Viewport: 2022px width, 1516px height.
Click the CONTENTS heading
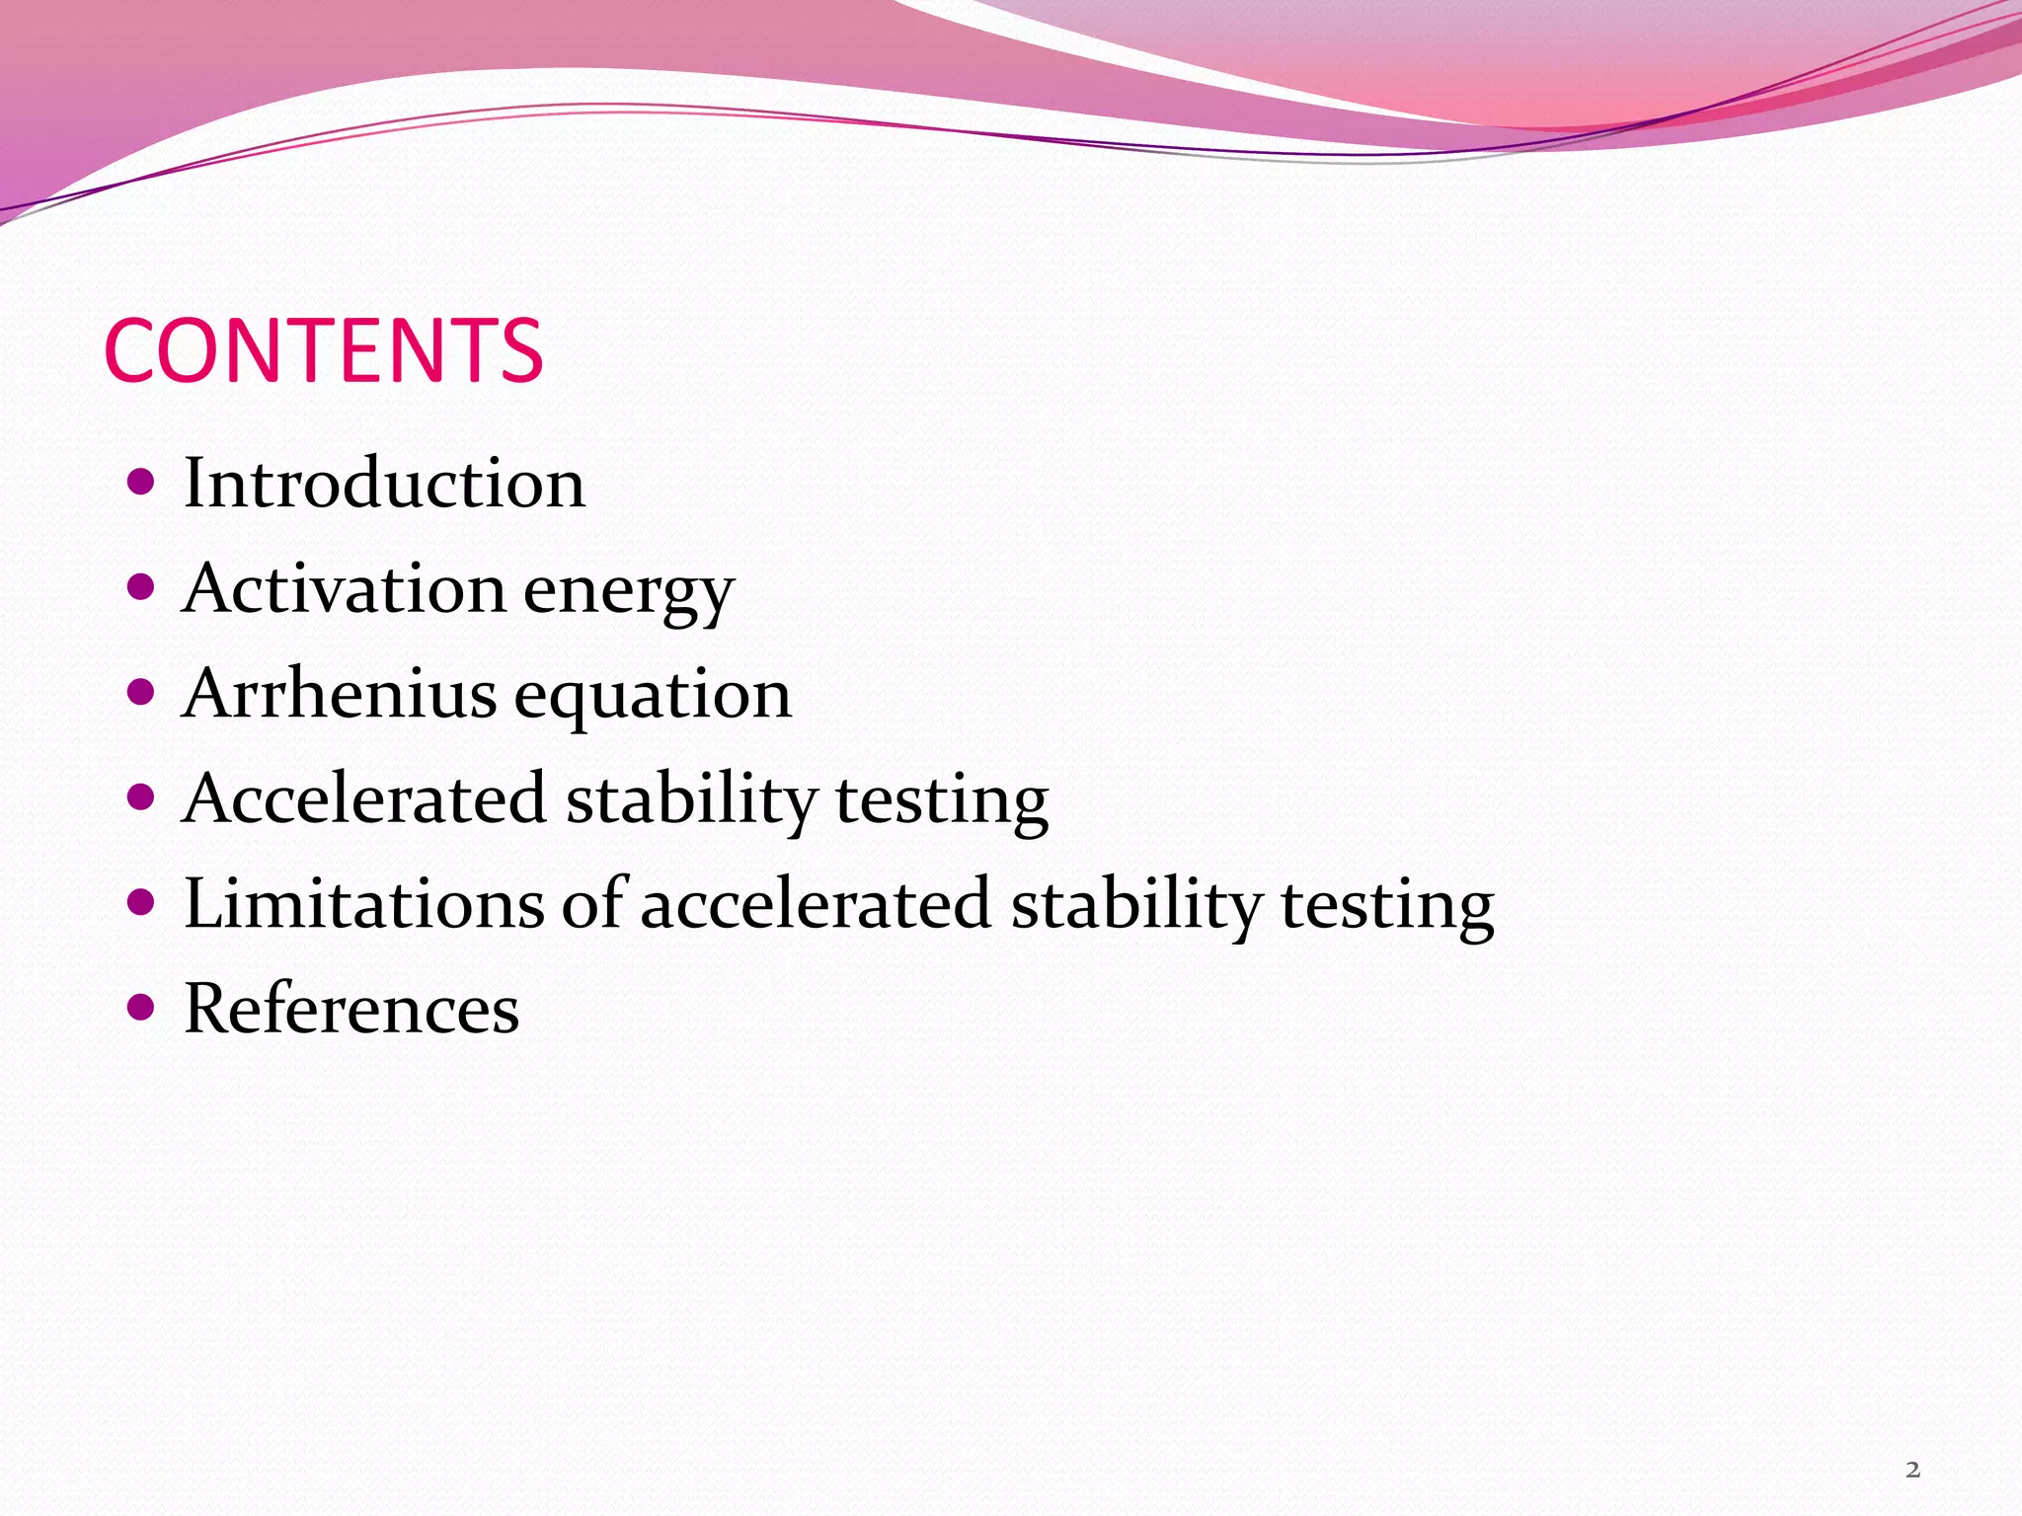323,351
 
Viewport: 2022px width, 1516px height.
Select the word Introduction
384,484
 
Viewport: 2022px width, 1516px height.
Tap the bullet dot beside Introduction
142,483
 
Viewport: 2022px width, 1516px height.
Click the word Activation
344,588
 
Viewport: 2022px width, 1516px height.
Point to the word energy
629,592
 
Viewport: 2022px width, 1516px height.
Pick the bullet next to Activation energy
142,588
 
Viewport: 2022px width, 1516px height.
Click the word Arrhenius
340,693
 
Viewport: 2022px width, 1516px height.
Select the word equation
654,697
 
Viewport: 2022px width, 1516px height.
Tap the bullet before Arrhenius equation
142,693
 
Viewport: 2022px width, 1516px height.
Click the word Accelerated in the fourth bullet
364,798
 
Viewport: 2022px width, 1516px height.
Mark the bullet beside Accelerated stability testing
142,797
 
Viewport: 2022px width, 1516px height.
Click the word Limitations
363,904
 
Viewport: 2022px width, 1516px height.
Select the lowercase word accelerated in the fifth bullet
816,904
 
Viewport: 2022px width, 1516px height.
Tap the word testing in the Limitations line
1387,907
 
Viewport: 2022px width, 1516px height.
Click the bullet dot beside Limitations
142,903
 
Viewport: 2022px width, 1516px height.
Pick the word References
351,1009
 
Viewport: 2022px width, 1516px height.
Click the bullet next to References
142,1008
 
